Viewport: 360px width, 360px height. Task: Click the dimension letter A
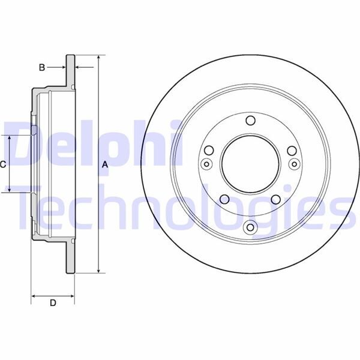[104, 164]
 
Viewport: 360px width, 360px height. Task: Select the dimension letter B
[41, 67]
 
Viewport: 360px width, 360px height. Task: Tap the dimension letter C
[4, 164]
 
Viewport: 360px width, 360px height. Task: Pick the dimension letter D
[53, 303]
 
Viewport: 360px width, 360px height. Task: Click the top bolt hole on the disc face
[250, 121]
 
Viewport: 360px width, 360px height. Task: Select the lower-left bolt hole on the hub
[224, 200]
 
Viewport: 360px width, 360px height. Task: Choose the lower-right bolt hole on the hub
[277, 200]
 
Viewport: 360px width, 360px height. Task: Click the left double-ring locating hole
[207, 164]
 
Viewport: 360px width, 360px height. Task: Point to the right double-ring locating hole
[293, 164]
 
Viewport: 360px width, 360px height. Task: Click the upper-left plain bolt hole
[209, 151]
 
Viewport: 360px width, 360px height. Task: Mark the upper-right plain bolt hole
[291, 151]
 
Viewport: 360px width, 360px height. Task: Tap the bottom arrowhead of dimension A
[98, 271]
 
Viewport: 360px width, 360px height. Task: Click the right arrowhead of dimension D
[73, 296]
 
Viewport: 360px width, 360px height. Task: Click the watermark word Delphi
[90, 144]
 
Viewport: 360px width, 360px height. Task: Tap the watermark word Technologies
[180, 207]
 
